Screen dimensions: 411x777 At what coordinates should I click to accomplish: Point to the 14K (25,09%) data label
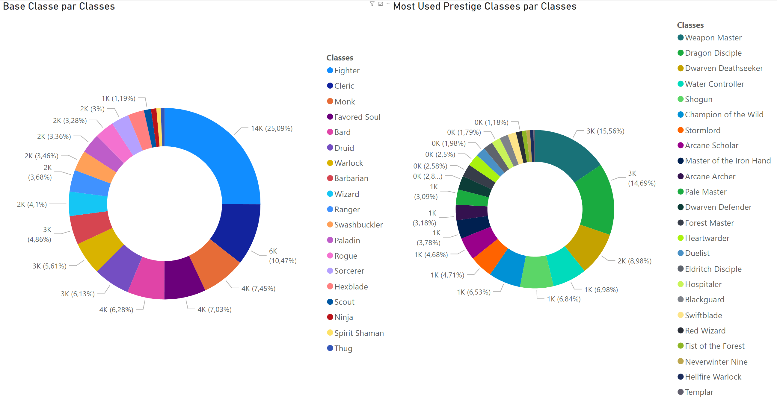click(x=272, y=128)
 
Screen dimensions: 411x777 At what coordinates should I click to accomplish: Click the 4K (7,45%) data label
click(x=259, y=288)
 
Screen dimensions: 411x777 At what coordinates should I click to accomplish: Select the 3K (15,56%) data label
click(x=605, y=131)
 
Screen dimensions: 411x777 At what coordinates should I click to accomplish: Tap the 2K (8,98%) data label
click(x=634, y=261)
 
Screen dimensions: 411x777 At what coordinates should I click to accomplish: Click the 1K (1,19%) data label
click(x=119, y=98)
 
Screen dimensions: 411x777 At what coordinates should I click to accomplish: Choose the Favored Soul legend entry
click(x=357, y=117)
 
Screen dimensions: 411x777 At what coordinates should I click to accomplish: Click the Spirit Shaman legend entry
click(x=359, y=333)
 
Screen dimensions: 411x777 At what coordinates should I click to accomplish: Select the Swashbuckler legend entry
click(x=358, y=225)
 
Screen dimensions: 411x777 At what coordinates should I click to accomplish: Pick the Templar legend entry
click(x=699, y=392)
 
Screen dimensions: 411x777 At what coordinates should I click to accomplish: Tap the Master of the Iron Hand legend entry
click(x=728, y=161)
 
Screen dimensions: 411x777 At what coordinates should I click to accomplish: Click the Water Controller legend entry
click(x=714, y=84)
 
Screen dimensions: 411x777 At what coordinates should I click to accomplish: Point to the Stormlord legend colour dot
click(x=681, y=130)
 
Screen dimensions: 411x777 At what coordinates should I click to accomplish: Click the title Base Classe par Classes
click(x=59, y=6)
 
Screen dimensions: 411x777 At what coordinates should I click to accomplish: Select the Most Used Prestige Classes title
click(x=485, y=6)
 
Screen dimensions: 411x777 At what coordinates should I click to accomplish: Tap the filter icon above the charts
click(x=372, y=4)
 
